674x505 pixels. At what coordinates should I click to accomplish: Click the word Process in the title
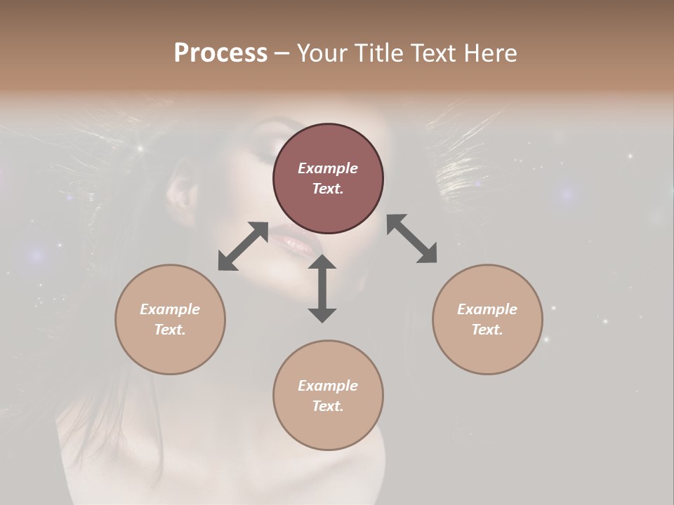[220, 53]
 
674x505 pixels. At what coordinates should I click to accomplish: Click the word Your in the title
[319, 53]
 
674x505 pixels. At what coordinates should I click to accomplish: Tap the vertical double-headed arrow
[322, 288]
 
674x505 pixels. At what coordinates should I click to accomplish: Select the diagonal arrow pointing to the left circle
[243, 246]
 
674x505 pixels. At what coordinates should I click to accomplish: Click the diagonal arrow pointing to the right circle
[411, 238]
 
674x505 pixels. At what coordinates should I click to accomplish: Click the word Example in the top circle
[328, 168]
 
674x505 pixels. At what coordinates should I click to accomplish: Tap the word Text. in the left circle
[170, 330]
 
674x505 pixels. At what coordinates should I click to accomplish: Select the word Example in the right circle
[487, 309]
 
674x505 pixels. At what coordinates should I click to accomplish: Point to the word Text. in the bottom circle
[328, 406]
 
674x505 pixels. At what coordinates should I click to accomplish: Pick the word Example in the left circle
[170, 309]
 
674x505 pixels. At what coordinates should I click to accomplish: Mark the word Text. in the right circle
[487, 330]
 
